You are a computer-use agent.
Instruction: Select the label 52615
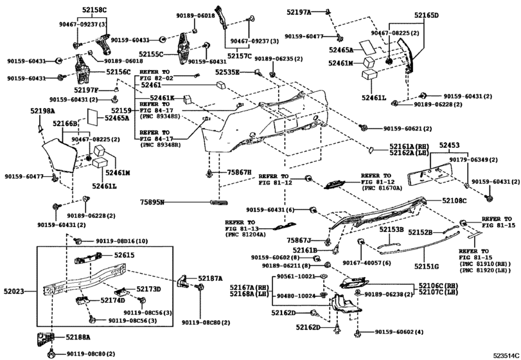(x=125, y=255)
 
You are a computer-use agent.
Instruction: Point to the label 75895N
(x=153, y=203)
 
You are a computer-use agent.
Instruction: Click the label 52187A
(x=210, y=278)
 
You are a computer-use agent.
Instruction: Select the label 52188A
(x=78, y=336)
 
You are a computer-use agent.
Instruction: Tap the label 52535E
(x=227, y=72)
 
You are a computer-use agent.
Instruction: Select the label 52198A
(x=42, y=111)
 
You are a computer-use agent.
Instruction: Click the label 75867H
(x=239, y=173)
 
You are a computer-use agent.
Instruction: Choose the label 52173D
(x=148, y=289)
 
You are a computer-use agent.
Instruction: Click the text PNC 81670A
(x=382, y=189)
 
